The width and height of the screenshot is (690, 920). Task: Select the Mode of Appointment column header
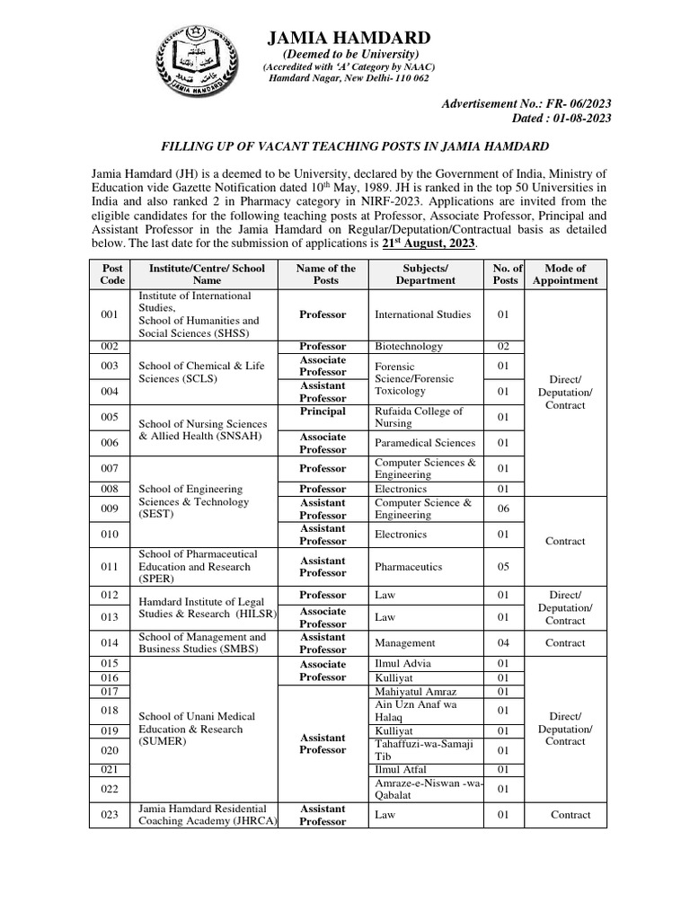point(564,274)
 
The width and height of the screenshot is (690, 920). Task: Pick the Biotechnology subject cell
point(409,347)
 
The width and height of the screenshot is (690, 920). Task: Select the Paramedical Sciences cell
point(425,443)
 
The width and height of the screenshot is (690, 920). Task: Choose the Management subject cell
point(405,643)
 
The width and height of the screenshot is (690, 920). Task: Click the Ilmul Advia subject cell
point(402,664)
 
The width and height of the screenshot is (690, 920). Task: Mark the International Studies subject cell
point(422,314)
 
